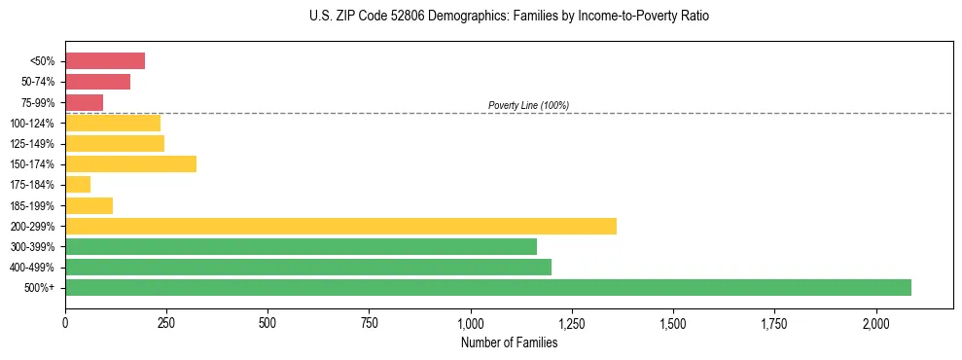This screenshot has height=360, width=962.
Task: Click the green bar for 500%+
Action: pyautogui.click(x=488, y=287)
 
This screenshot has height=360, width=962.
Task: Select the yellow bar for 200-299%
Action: pyautogui.click(x=340, y=226)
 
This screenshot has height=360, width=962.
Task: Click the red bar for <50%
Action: pyautogui.click(x=105, y=61)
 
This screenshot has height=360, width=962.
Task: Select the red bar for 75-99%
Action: pyautogui.click(x=84, y=102)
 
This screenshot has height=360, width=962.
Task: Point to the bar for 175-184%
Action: pyautogui.click(x=78, y=184)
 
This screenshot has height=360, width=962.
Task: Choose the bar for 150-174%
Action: pyautogui.click(x=130, y=163)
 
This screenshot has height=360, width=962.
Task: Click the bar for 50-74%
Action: pyautogui.click(x=97, y=82)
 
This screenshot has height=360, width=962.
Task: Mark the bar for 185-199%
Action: pyautogui.click(x=89, y=205)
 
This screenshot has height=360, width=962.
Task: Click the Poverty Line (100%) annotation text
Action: pyautogui.click(x=528, y=105)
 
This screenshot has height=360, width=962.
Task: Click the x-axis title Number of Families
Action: pyautogui.click(x=509, y=342)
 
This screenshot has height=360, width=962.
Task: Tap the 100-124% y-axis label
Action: pyautogui.click(x=32, y=124)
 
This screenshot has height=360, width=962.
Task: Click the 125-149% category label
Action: pyautogui.click(x=32, y=144)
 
